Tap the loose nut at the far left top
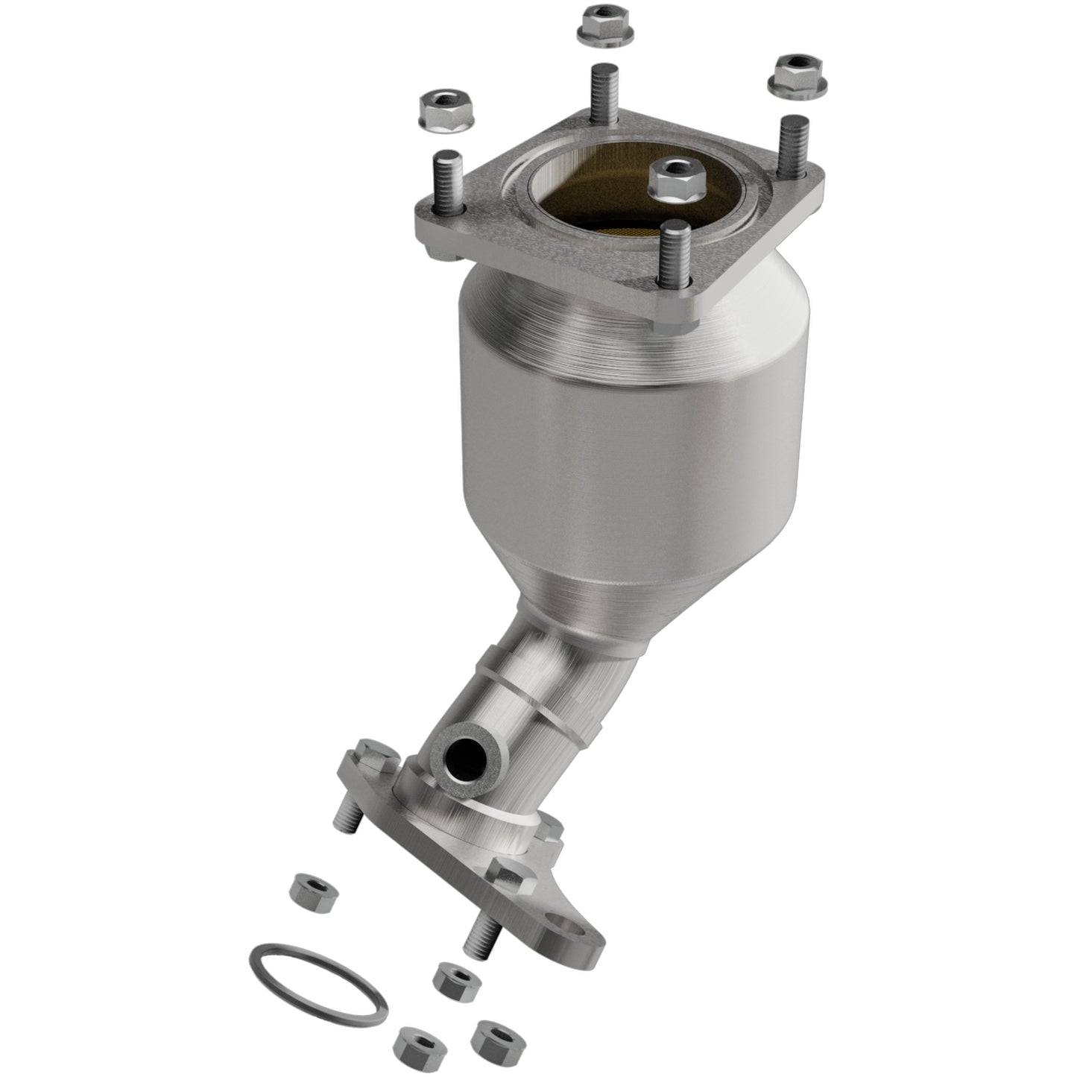pos(438,112)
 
